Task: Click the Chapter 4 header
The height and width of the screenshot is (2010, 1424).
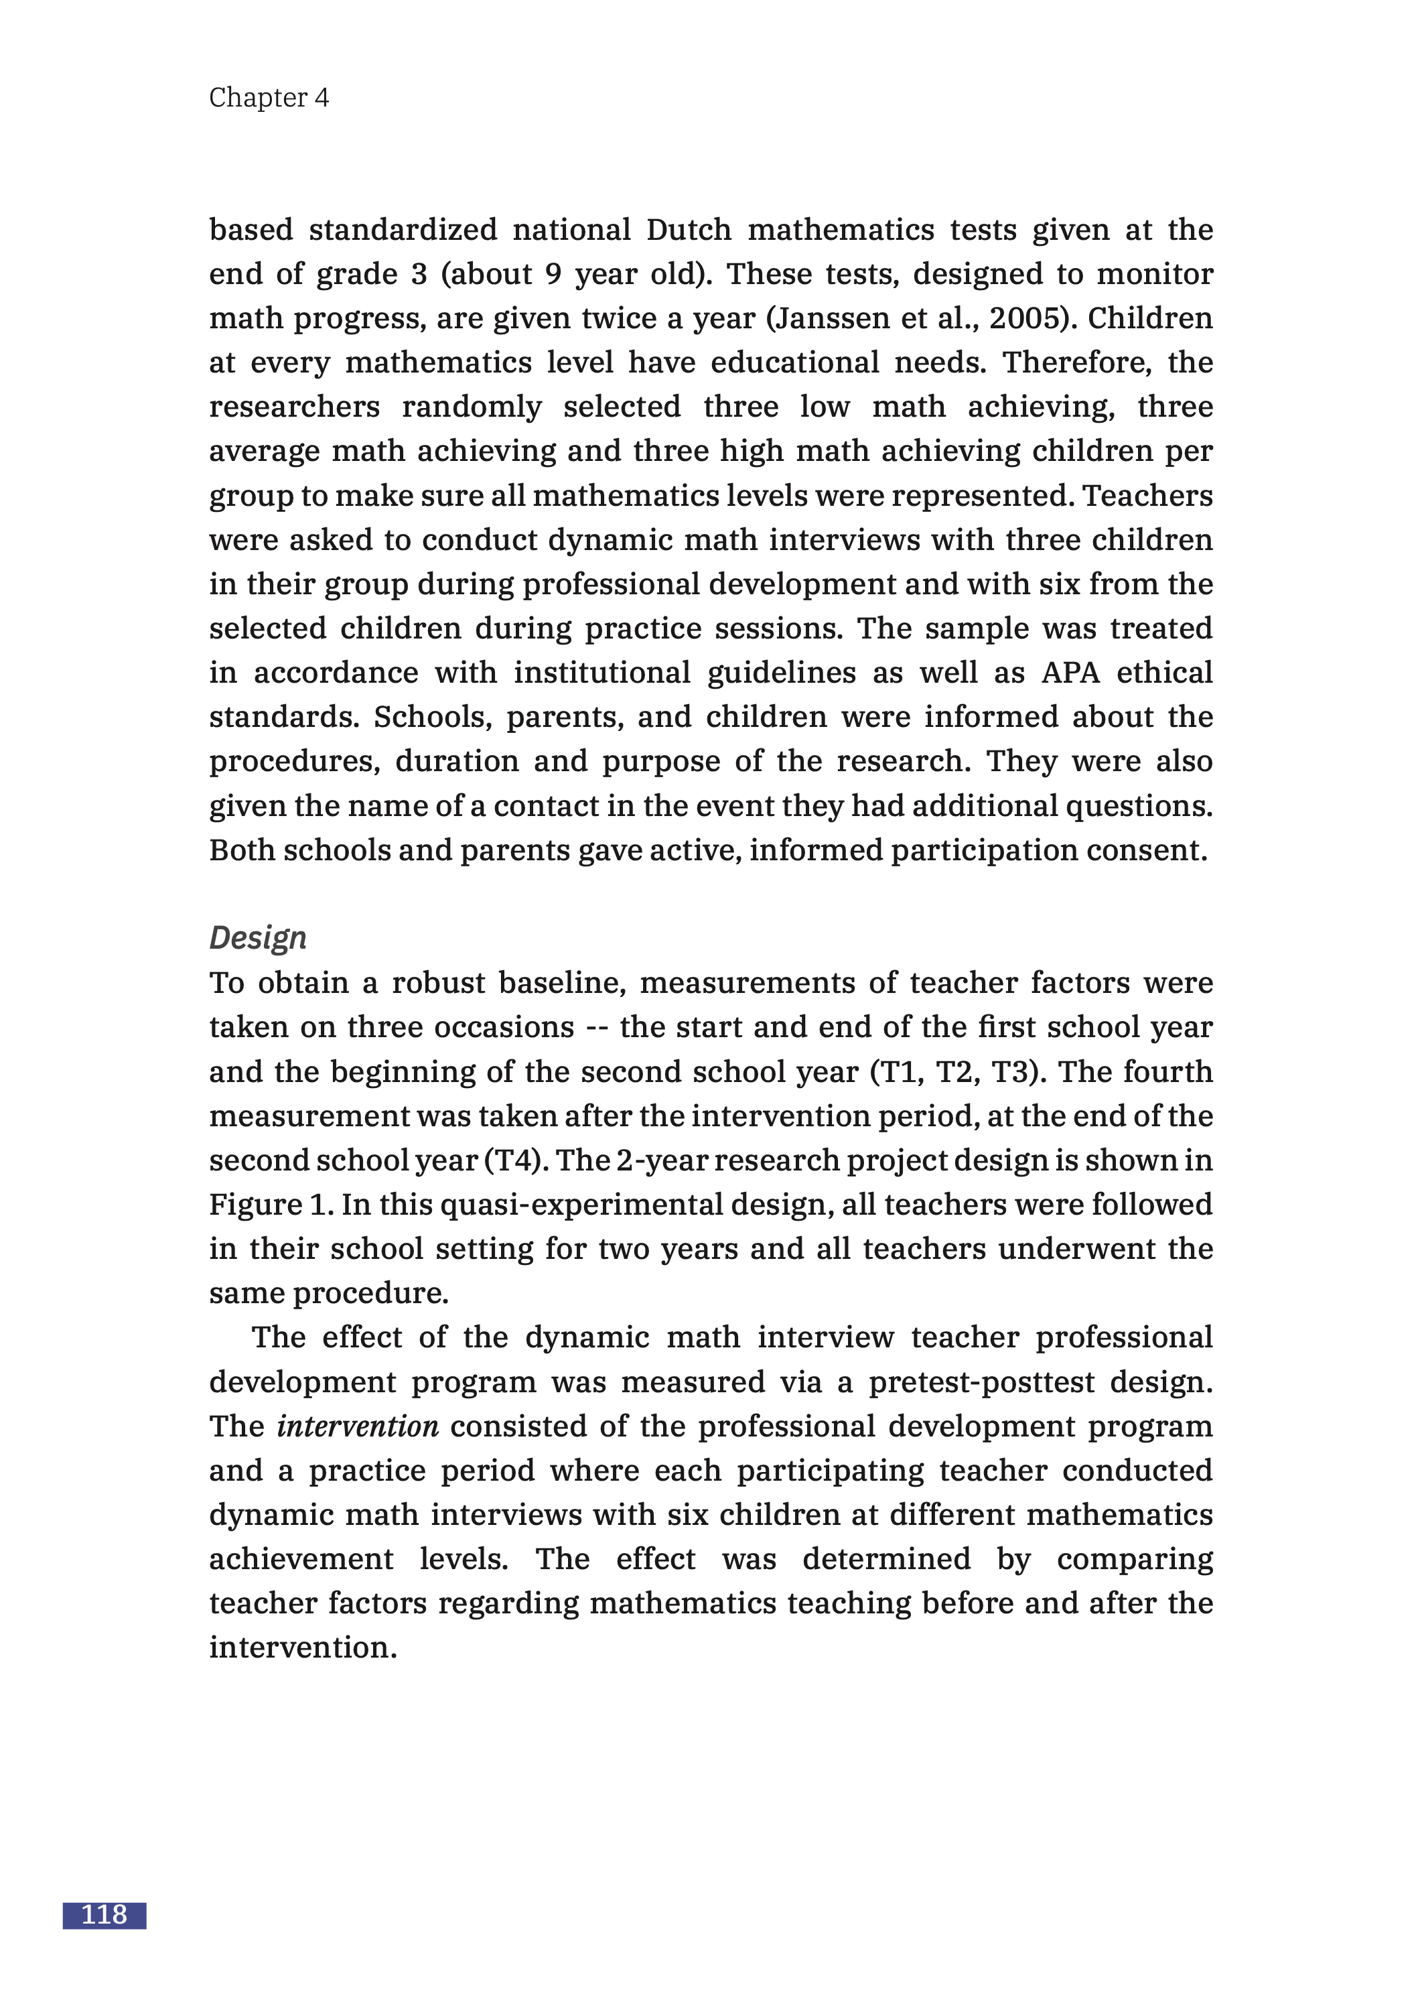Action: click(x=269, y=97)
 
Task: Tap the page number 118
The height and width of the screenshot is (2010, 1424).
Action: click(x=104, y=1914)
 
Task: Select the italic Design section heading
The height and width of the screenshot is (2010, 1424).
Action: click(x=258, y=937)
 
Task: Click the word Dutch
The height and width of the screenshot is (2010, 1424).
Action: click(x=689, y=230)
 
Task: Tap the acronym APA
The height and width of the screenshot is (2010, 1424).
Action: click(x=1070, y=672)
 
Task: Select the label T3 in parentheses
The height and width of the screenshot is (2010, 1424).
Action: click(x=1009, y=1071)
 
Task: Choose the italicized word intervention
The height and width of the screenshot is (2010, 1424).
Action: click(x=358, y=1426)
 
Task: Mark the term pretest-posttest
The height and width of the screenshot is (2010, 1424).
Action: click(x=981, y=1382)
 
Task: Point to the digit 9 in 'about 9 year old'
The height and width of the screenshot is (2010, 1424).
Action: click(x=553, y=273)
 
